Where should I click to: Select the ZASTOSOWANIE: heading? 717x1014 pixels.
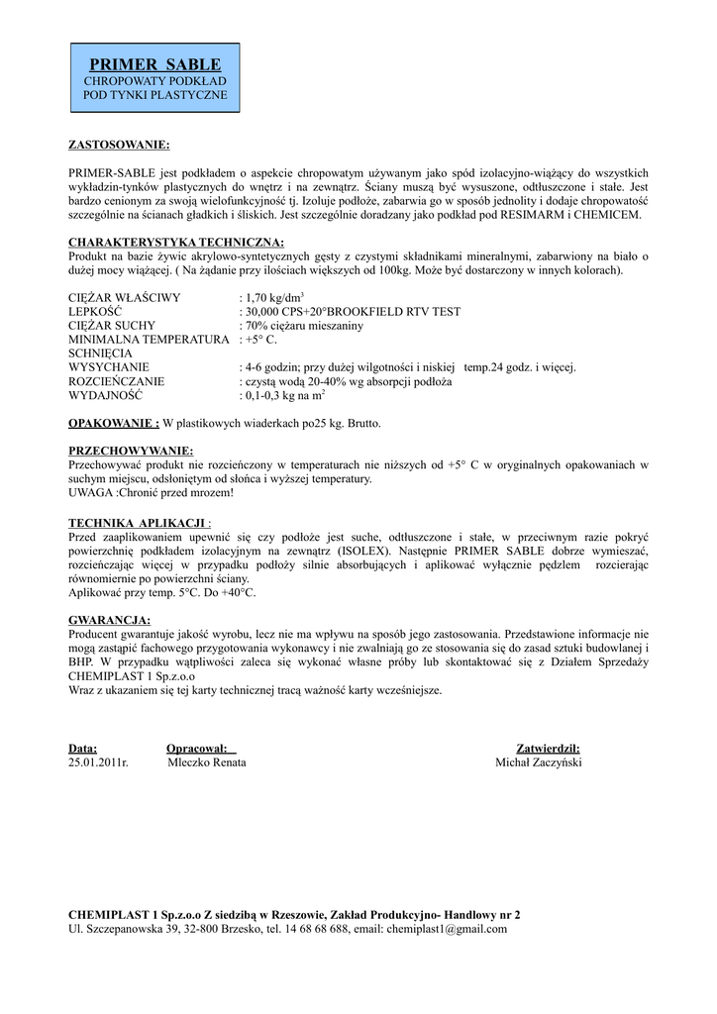119,145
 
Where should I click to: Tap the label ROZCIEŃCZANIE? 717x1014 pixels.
116,381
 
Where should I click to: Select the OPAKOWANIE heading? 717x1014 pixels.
113,423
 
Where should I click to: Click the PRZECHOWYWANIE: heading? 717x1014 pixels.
131,451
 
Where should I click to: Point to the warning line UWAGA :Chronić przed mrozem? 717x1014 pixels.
151,492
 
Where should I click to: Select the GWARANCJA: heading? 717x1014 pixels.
109,620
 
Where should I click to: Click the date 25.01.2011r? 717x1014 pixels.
99,763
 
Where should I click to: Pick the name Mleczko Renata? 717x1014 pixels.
207,763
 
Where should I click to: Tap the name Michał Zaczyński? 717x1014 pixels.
539,763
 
